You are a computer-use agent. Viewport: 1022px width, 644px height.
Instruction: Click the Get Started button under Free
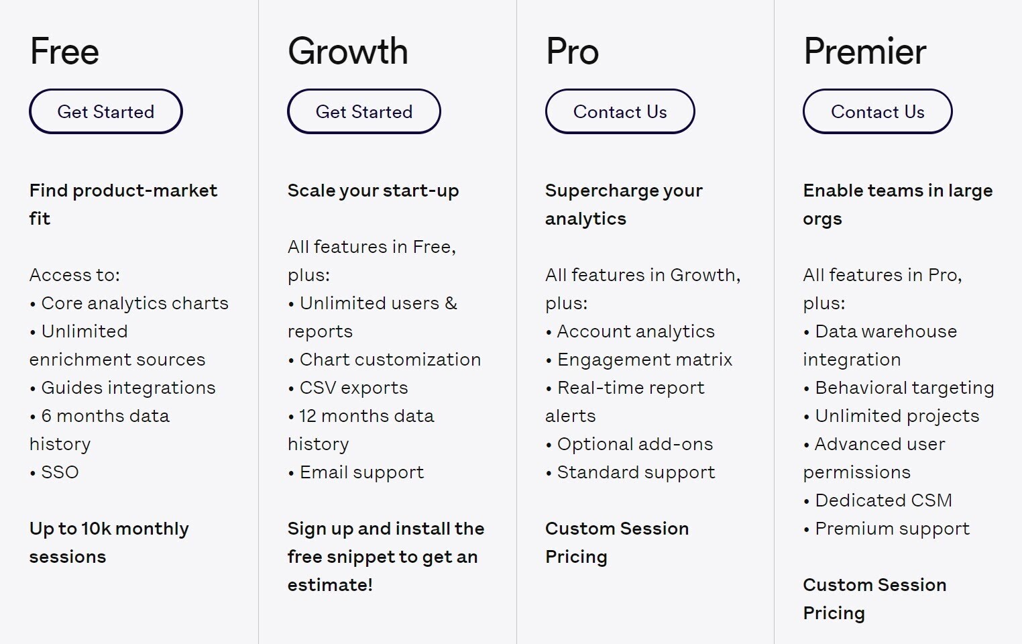(106, 111)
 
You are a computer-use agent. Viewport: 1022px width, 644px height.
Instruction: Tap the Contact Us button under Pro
(620, 111)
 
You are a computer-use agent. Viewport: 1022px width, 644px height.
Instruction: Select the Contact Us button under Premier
(878, 111)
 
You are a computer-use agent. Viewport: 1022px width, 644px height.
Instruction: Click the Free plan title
(64, 51)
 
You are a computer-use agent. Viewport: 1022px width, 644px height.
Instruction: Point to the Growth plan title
(347, 51)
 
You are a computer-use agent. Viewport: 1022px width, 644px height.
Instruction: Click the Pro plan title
(572, 51)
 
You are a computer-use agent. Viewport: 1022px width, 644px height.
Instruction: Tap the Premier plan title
(865, 51)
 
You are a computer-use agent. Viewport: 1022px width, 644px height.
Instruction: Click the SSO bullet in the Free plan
(54, 472)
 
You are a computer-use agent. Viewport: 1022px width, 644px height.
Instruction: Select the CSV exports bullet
(348, 388)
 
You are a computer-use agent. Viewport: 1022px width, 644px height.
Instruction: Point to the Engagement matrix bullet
(638, 360)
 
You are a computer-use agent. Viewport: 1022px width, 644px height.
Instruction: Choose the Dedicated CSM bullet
(878, 500)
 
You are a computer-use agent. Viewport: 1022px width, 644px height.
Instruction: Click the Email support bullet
(356, 472)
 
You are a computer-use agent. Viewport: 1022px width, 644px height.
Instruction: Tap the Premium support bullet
(887, 529)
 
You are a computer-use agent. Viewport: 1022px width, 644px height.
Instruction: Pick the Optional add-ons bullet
(629, 444)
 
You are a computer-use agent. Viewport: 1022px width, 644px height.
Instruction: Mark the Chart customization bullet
(385, 360)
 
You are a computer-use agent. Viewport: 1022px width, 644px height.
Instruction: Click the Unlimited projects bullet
(891, 416)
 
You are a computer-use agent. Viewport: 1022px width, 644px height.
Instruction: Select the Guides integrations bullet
(123, 388)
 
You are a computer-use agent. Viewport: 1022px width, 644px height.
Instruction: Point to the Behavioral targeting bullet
(899, 388)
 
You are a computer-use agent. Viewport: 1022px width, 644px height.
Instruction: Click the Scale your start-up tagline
(374, 191)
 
